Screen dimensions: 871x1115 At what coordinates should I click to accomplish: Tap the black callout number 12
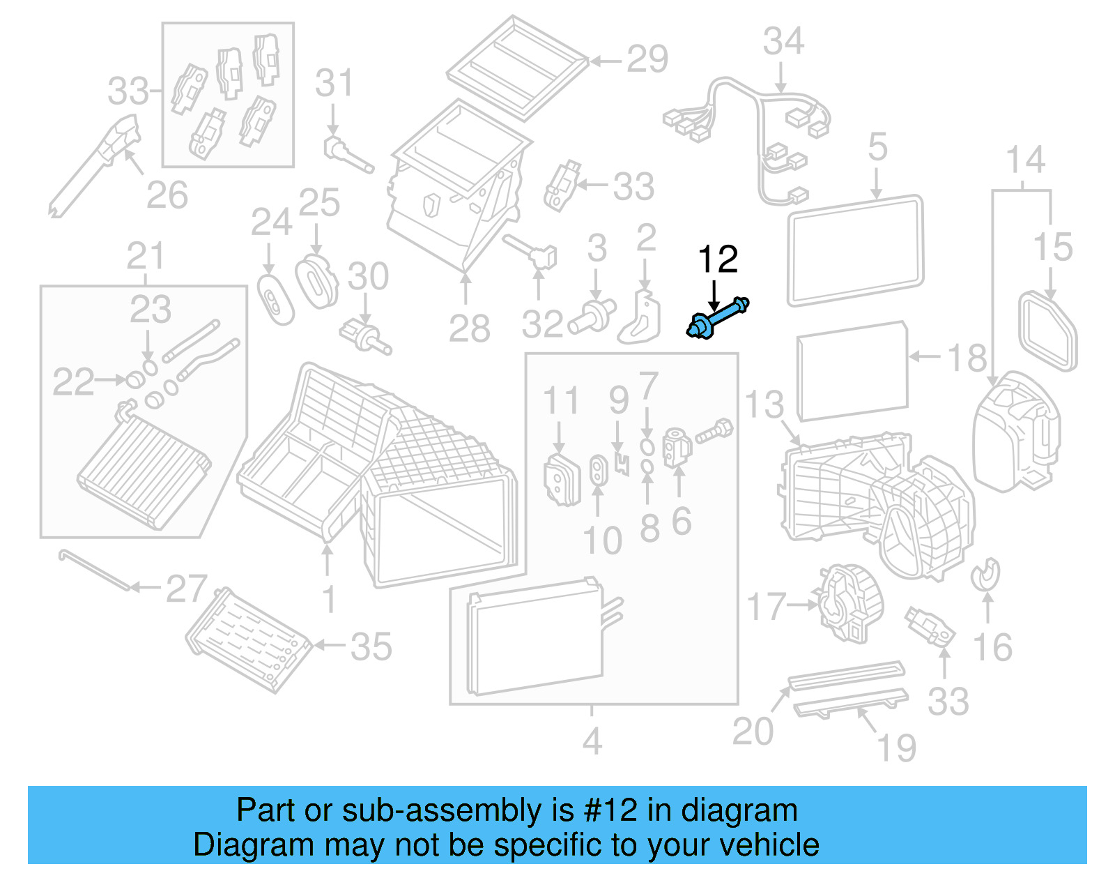(718, 259)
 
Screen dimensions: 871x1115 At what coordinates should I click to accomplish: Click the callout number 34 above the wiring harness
(783, 41)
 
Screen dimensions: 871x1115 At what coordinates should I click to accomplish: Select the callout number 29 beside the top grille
(647, 59)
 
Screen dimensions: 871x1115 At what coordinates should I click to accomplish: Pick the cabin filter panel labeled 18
(852, 371)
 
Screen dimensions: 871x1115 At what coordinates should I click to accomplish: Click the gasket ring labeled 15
(1047, 331)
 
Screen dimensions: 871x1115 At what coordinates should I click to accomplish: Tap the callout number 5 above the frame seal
(877, 148)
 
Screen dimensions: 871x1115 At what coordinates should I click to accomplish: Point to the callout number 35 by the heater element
(371, 646)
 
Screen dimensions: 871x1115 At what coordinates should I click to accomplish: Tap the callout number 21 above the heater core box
(146, 257)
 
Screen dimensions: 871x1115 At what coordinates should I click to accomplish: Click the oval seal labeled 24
(275, 300)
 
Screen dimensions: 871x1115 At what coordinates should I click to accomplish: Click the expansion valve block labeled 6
(677, 447)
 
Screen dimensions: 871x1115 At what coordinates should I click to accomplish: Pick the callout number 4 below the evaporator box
(592, 741)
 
